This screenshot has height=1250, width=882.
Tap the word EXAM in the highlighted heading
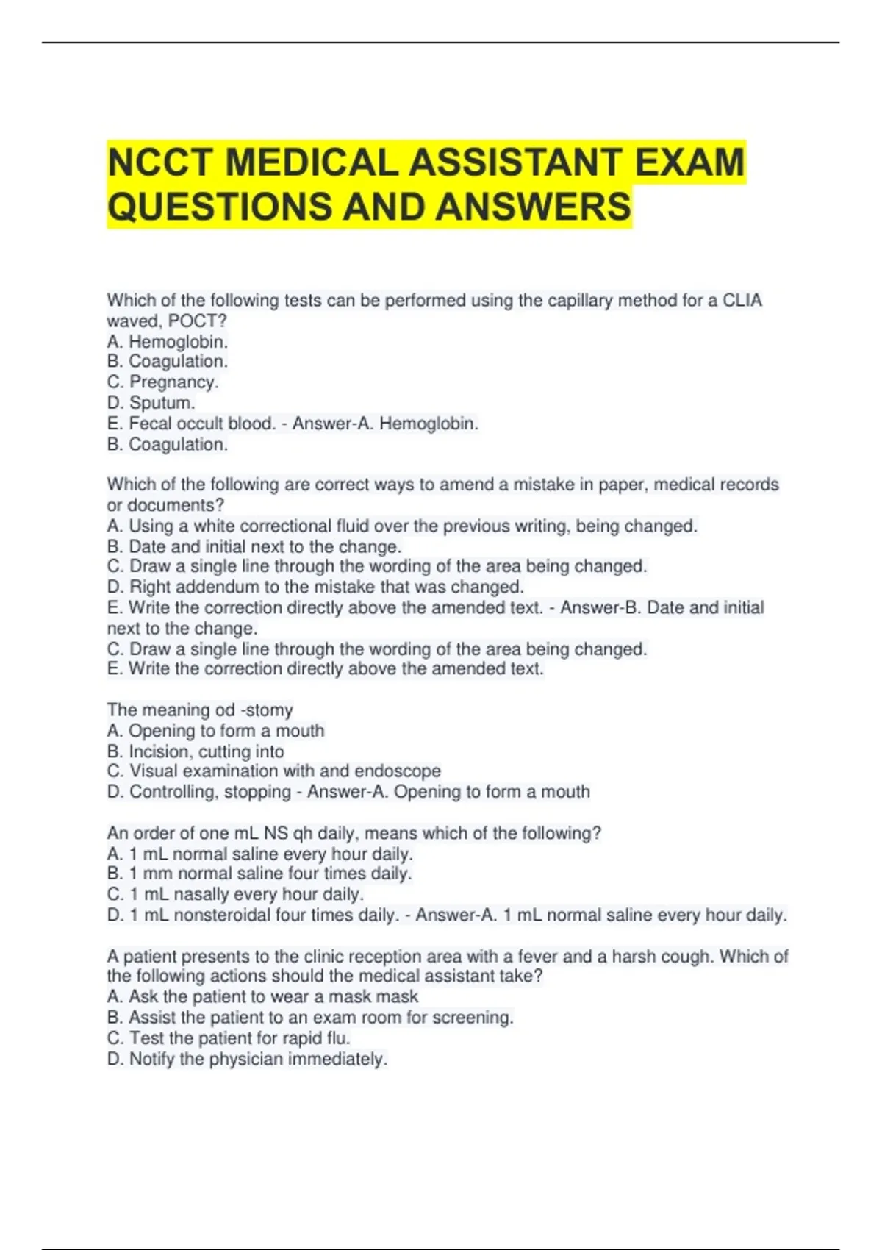(689, 162)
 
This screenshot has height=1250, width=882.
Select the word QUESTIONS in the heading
(219, 207)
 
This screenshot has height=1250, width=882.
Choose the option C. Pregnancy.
(162, 382)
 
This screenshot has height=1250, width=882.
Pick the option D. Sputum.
(151, 403)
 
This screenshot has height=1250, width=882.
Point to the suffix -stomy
(267, 710)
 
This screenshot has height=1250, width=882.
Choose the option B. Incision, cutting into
(196, 751)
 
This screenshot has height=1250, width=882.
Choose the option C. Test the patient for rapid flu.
(229, 1038)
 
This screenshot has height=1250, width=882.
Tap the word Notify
(152, 1060)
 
